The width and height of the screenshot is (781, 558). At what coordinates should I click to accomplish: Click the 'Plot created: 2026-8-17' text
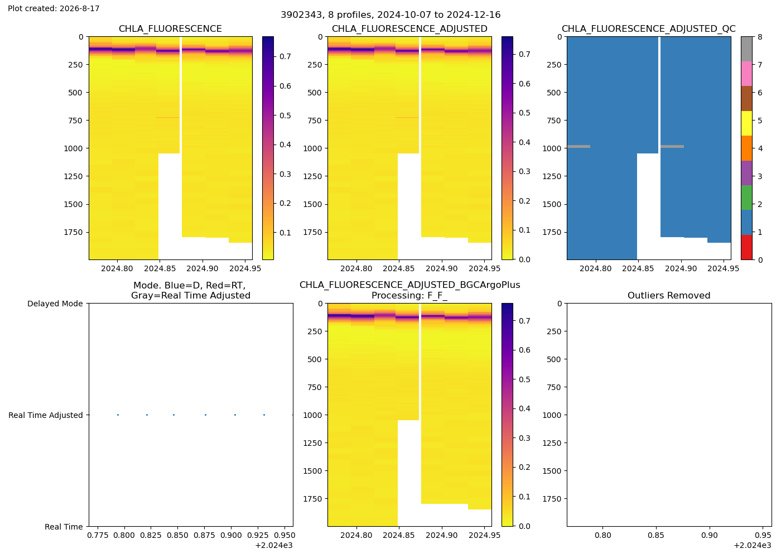click(x=54, y=8)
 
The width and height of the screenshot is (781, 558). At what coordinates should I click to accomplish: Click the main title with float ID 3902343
click(x=390, y=15)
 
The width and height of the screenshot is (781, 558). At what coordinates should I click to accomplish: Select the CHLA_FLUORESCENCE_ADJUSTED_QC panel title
click(x=648, y=28)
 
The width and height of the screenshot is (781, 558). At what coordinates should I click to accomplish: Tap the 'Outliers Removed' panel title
click(x=669, y=295)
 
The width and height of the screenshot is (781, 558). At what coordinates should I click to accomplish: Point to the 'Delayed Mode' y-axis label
click(x=55, y=304)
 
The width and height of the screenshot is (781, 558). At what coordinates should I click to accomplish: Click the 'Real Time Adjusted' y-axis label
click(x=46, y=415)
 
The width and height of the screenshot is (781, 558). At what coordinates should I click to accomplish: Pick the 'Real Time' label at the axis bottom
click(x=64, y=527)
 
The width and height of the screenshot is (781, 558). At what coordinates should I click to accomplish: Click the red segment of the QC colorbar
click(x=746, y=247)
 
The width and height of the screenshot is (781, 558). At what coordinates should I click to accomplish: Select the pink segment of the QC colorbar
click(x=746, y=74)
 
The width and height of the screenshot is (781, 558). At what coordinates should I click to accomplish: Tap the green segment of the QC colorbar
click(x=746, y=198)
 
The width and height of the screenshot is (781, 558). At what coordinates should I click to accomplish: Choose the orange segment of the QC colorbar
click(x=746, y=148)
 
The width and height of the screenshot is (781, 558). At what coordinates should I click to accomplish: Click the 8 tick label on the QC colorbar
click(x=760, y=37)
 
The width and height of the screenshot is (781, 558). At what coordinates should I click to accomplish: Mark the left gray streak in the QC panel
click(x=579, y=146)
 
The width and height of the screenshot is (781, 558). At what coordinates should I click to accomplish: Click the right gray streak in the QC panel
click(x=672, y=146)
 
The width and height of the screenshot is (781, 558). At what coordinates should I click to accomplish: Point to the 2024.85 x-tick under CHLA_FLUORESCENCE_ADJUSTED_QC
click(x=638, y=268)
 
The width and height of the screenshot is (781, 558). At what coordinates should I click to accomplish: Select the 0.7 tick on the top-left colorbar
click(x=285, y=56)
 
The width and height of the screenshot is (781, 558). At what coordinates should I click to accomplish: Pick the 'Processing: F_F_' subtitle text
click(x=409, y=295)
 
